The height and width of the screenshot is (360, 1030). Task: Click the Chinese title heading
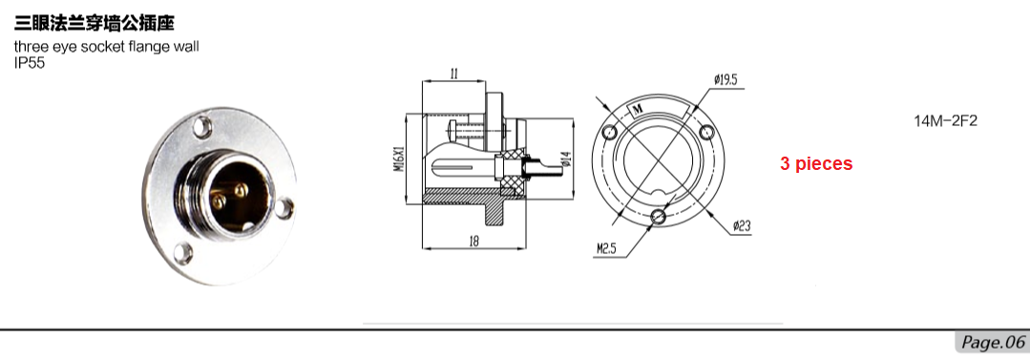tap(95, 24)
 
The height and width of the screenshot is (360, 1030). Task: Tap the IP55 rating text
tap(30, 64)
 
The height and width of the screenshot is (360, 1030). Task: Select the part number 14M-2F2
tap(946, 121)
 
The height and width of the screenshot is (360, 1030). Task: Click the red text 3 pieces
tap(816, 163)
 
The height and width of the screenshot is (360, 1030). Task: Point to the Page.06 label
tap(993, 342)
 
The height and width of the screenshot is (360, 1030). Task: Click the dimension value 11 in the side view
tap(454, 74)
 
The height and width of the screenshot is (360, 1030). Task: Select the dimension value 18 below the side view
tap(473, 241)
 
